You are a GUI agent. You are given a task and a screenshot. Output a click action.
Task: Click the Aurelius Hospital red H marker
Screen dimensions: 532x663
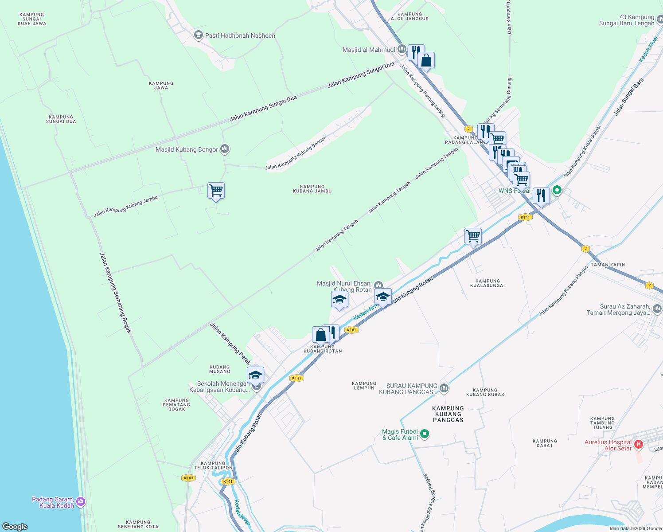[639, 444]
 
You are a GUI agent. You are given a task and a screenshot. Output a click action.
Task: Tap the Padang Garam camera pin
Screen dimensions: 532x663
[81, 502]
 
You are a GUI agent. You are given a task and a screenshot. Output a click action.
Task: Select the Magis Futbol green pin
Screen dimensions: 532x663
[425, 434]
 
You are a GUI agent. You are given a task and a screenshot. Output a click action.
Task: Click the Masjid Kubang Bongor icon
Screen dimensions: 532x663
[225, 149]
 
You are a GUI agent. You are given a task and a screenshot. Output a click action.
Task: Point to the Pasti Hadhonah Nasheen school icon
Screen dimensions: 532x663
[198, 35]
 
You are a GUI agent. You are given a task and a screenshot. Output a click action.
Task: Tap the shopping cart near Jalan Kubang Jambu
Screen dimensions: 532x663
[216, 191]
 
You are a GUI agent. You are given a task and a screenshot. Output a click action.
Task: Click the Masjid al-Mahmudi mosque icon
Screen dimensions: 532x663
[402, 49]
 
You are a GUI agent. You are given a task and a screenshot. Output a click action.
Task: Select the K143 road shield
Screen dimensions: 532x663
[188, 478]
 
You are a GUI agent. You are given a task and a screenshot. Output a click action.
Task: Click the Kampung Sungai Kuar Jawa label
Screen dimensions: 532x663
[32, 19]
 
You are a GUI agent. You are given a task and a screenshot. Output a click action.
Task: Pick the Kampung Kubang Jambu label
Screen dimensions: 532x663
[312, 189]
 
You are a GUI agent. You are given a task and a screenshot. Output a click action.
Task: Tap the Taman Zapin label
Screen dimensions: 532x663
[608, 265]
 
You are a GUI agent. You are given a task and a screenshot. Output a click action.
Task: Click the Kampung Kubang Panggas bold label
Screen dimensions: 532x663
[448, 414]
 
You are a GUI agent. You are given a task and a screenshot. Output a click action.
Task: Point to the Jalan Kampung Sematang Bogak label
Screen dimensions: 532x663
[115, 293]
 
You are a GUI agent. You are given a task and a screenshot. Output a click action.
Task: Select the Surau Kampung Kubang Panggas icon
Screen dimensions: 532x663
[444, 388]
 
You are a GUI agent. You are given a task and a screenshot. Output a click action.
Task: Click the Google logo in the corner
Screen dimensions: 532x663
[15, 527]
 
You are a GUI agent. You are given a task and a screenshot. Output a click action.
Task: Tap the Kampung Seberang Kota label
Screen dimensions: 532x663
[138, 524]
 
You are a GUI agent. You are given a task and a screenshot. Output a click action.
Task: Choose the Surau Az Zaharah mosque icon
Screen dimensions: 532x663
[657, 309]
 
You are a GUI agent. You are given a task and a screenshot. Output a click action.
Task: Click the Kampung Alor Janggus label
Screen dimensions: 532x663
[409, 16]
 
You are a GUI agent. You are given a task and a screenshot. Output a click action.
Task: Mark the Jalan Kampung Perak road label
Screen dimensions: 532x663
[230, 344]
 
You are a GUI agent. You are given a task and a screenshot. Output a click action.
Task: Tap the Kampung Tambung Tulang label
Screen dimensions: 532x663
[603, 423]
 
